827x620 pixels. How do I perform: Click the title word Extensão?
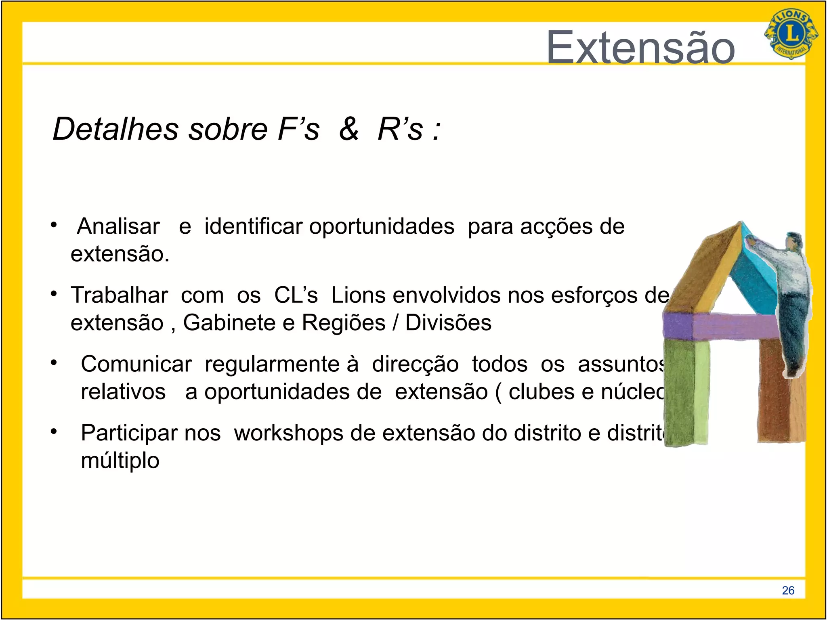pos(640,48)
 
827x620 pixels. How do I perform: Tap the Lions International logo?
pos(791,34)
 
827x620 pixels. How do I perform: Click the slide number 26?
pos(788,591)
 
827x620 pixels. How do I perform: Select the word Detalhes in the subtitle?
pos(115,129)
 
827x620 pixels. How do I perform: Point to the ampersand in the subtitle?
pos(349,129)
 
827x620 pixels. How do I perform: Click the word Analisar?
pos(118,226)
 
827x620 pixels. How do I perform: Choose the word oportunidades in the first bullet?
pos(382,227)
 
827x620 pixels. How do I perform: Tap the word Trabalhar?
pos(119,295)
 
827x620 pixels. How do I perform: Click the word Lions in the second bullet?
pos(359,295)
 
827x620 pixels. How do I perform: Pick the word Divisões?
pos(448,323)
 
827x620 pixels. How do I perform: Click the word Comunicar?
pos(136,364)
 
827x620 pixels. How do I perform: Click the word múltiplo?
pos(120,461)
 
